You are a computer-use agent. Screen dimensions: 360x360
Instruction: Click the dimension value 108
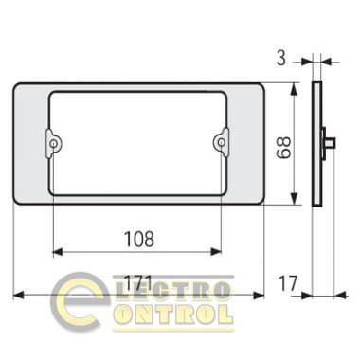click(139, 239)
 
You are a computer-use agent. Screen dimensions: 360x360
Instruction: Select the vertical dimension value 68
click(283, 147)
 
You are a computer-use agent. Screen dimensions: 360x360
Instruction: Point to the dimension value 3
click(281, 59)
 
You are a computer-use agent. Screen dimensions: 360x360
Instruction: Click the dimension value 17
click(288, 283)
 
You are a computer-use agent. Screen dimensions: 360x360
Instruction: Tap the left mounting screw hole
click(54, 144)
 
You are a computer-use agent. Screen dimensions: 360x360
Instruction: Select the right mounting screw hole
click(222, 143)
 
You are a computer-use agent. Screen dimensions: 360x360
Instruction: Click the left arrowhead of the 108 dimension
click(57, 252)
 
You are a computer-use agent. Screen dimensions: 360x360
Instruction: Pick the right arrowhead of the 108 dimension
click(216, 252)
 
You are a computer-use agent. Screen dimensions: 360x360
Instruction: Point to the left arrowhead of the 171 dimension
click(18, 296)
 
